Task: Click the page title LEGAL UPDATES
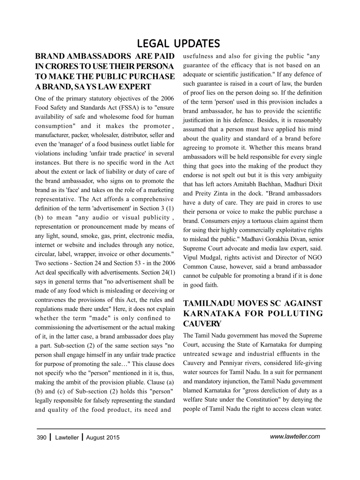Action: click(178, 43)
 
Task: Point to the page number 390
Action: click(41, 438)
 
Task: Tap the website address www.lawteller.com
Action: click(295, 436)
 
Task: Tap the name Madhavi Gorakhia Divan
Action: click(274, 239)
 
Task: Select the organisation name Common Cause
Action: click(204, 267)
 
